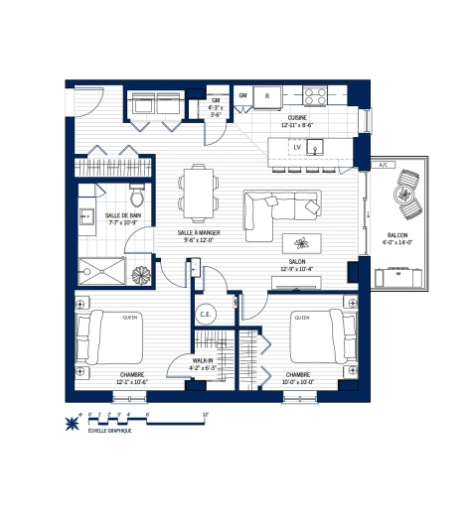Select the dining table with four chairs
(196, 193)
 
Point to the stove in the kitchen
(317, 96)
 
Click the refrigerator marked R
(267, 96)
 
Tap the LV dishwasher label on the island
(296, 148)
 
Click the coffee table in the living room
(301, 243)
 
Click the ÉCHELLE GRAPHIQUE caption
(109, 429)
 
